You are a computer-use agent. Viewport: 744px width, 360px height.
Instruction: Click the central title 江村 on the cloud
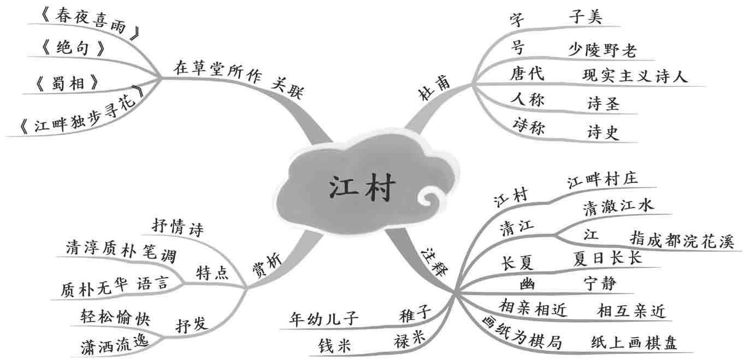pyautogui.click(x=361, y=187)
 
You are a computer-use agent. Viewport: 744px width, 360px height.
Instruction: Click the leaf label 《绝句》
pyautogui.click(x=73, y=49)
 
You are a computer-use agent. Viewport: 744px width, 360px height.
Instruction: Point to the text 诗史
pyautogui.click(x=603, y=132)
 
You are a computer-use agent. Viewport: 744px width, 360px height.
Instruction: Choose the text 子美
pyautogui.click(x=585, y=18)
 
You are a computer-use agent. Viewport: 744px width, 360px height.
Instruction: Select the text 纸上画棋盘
pyautogui.click(x=634, y=343)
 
